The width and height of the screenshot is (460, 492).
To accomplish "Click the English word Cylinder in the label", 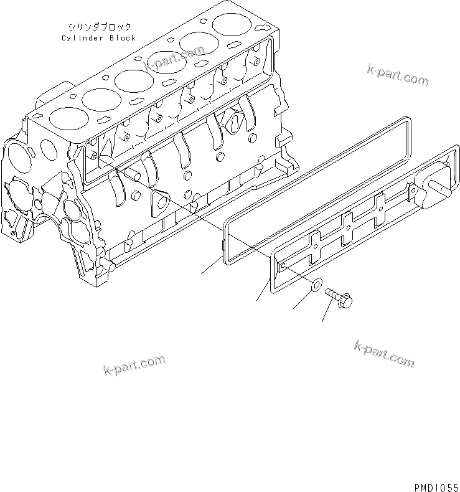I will (x=82, y=38).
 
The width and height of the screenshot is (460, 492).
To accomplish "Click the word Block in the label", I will (x=122, y=38).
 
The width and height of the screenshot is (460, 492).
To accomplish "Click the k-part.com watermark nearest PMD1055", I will (x=383, y=355).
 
